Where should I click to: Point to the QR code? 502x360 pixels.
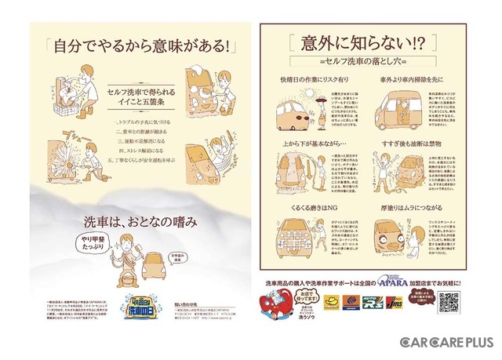(x=448, y=302)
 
